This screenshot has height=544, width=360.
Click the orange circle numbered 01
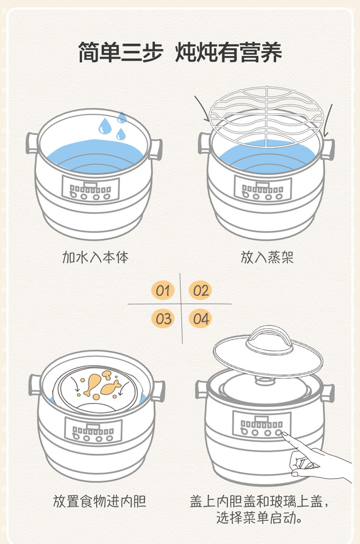click(x=163, y=291)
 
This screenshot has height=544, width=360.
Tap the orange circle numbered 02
click(x=200, y=291)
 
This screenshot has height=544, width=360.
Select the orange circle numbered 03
click(x=163, y=318)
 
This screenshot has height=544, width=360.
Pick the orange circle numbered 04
click(x=200, y=318)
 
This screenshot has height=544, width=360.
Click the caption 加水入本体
click(x=96, y=257)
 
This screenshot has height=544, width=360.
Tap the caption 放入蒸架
click(x=267, y=257)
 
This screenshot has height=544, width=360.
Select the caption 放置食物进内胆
click(x=100, y=501)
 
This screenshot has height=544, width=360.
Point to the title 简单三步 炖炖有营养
click(x=180, y=52)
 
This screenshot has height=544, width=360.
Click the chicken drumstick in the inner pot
click(x=92, y=384)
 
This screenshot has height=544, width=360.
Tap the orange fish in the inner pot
click(x=111, y=387)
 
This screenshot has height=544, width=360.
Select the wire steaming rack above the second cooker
click(x=266, y=116)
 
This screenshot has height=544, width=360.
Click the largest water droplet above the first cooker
click(x=105, y=126)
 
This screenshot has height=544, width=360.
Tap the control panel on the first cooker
click(x=91, y=189)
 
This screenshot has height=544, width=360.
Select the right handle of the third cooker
click(x=159, y=391)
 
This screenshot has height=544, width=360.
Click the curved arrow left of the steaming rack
click(x=202, y=107)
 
